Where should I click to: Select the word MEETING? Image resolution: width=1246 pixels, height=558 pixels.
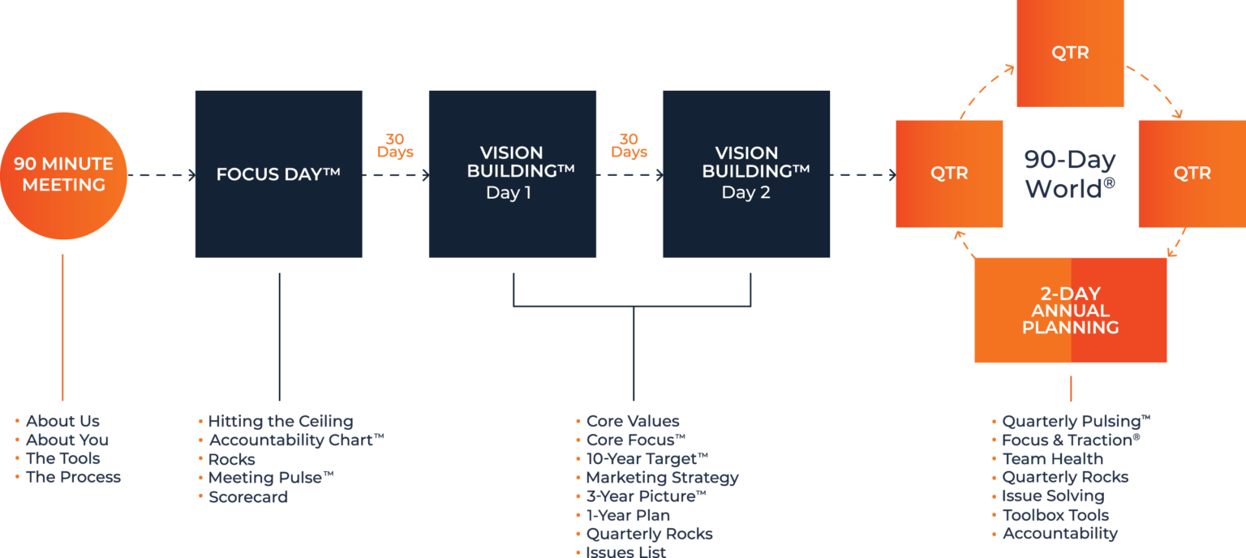pos(64,185)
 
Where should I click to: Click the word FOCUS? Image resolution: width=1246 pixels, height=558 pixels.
pos(247,174)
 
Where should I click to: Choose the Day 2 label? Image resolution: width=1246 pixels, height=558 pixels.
pos(745,193)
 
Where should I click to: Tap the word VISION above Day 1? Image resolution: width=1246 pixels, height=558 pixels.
pos(511,152)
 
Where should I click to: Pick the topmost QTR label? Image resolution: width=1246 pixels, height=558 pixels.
pos(1070,53)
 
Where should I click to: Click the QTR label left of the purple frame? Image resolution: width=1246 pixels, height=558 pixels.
pos(949,173)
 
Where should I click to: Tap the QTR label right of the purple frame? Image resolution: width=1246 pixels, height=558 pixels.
pos(1192,173)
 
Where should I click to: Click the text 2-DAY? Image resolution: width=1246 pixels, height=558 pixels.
pos(1070,294)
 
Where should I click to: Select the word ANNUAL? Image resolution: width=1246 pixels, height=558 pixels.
pos(1070,311)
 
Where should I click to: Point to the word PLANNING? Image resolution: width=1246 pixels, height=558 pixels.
pos(1070,328)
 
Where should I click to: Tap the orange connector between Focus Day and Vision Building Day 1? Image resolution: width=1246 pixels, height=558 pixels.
pos(402,153)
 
